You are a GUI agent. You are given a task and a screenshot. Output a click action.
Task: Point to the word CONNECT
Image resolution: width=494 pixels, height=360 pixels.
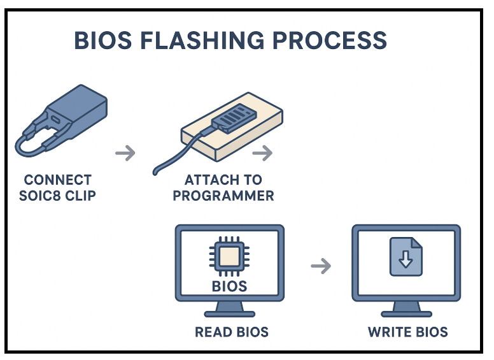(57, 180)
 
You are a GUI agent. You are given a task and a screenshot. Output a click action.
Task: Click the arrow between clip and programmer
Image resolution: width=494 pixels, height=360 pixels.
(125, 153)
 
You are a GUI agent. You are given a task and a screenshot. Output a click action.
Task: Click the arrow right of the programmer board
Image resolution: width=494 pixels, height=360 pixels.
(262, 153)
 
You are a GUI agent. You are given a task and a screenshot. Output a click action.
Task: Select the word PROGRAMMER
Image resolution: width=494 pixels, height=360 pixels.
(223, 195)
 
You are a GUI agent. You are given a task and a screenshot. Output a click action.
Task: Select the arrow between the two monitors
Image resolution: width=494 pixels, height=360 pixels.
(321, 266)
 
